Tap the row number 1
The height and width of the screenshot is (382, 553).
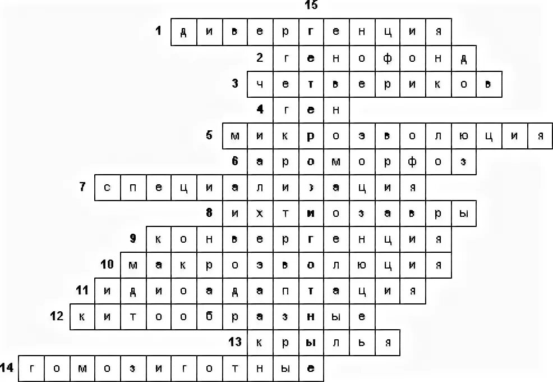[159, 31]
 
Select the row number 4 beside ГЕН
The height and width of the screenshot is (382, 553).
[260, 109]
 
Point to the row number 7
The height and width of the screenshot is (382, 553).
[82, 187]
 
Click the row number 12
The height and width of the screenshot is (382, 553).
[56, 316]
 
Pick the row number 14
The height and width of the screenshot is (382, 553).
[7, 368]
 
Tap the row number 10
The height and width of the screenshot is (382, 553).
[107, 263]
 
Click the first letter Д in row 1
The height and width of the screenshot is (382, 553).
[183, 31]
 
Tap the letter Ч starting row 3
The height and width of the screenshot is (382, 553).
[260, 84]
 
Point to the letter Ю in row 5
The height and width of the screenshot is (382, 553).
[463, 136]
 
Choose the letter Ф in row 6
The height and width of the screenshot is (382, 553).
[413, 162]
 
